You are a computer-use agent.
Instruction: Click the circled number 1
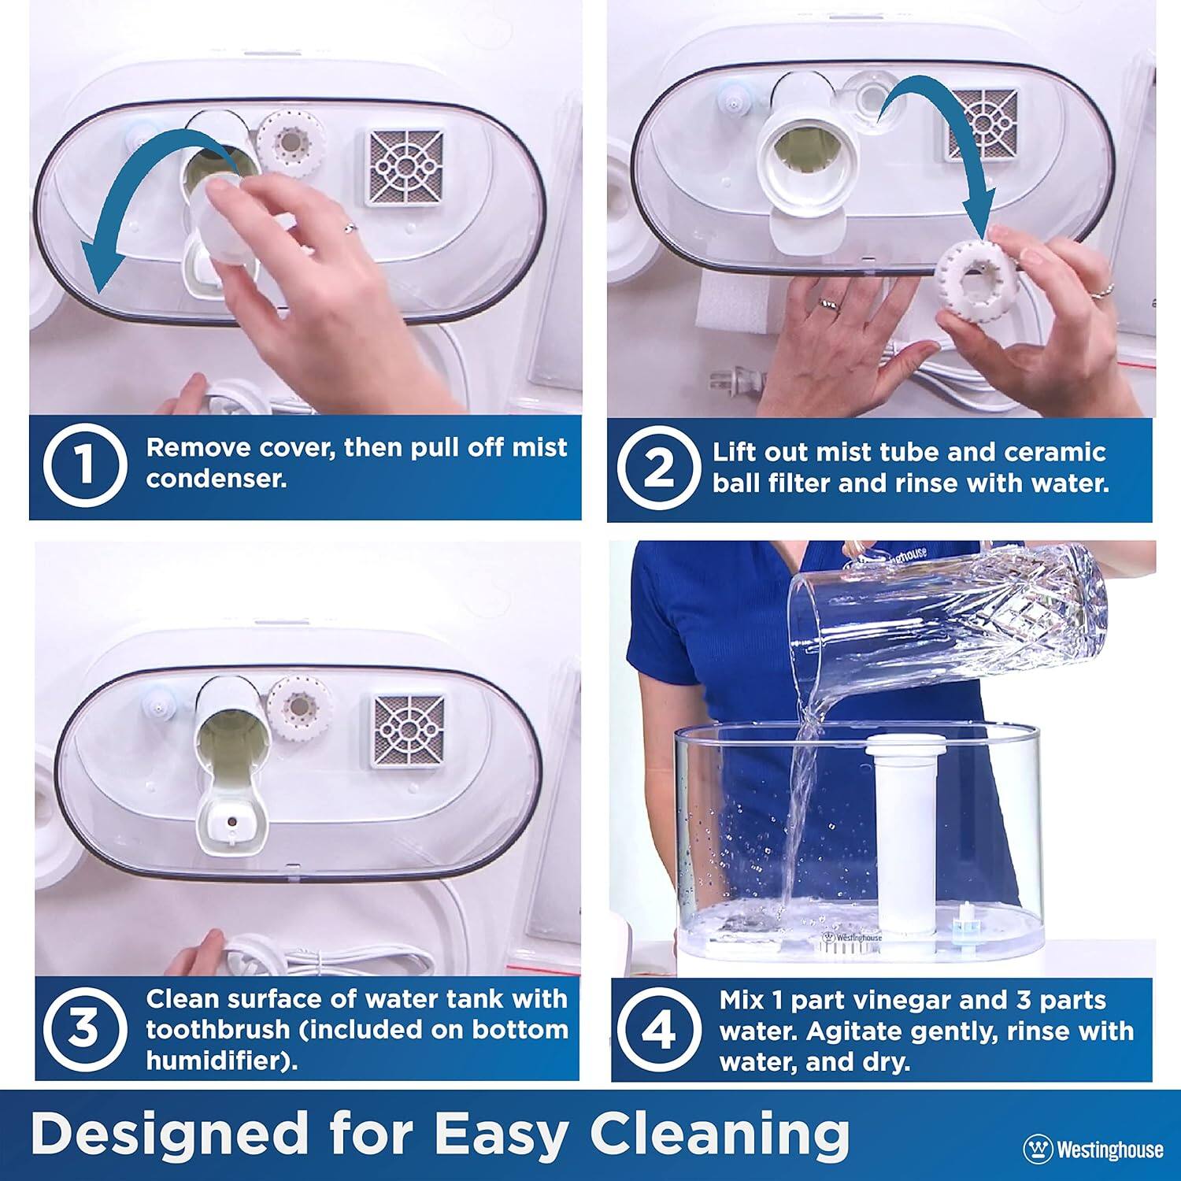(85, 465)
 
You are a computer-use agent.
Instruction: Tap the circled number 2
(658, 468)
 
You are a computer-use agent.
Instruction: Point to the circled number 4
(658, 1031)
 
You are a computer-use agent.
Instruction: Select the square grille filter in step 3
(405, 731)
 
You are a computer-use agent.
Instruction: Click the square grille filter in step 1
(405, 167)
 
